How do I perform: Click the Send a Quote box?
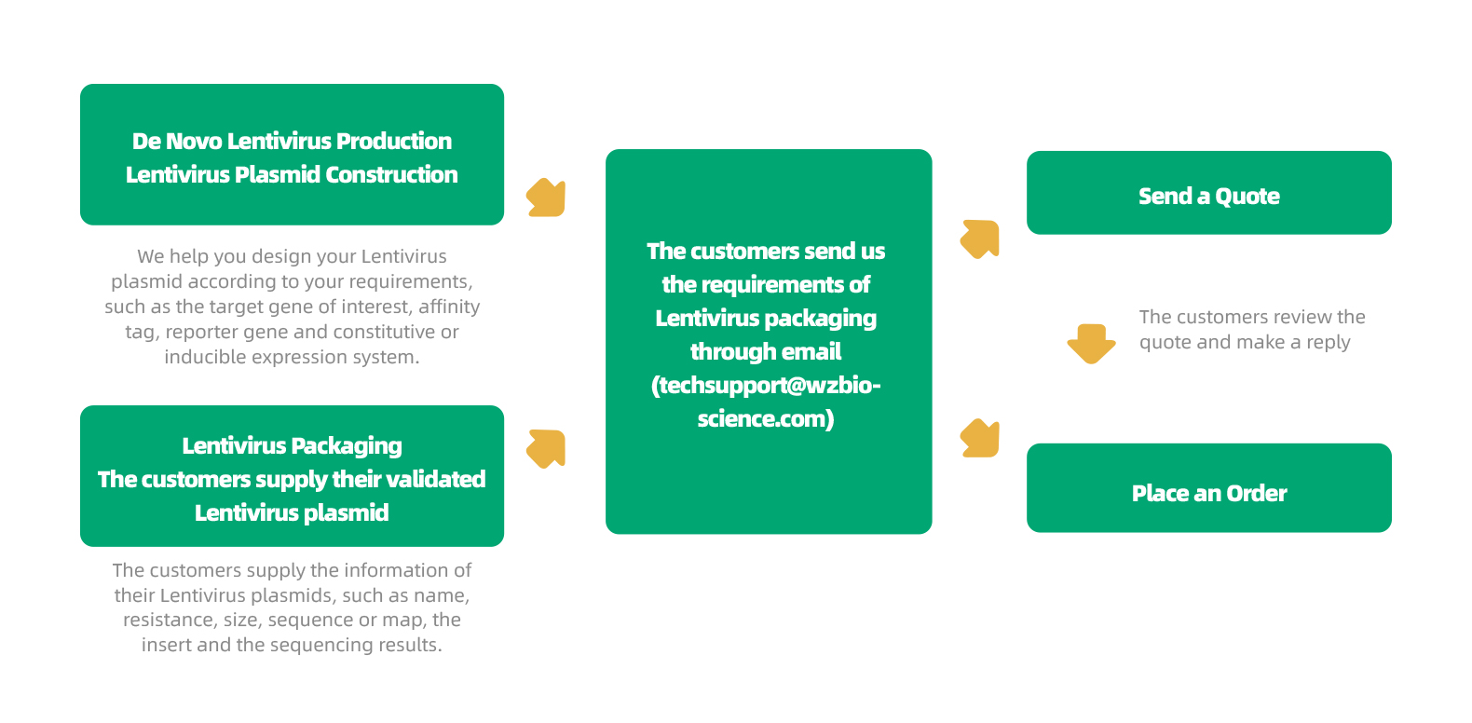1208,193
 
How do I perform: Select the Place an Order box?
1208,487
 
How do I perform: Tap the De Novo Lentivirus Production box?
292,155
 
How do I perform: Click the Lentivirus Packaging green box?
292,476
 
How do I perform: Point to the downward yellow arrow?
1091,343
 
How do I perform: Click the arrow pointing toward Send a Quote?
980,239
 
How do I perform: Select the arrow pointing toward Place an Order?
980,438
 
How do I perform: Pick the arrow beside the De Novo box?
546,198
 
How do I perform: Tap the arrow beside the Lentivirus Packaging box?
546,449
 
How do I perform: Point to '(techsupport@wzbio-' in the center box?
766,386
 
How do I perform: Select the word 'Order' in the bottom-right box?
1256,494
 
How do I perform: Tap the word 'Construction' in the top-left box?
391,175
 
